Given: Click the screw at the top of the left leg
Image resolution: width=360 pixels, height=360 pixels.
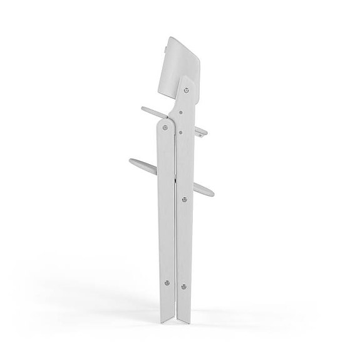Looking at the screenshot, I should [x=164, y=126].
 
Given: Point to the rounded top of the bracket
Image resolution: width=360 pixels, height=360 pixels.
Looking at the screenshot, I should [x=188, y=80].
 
